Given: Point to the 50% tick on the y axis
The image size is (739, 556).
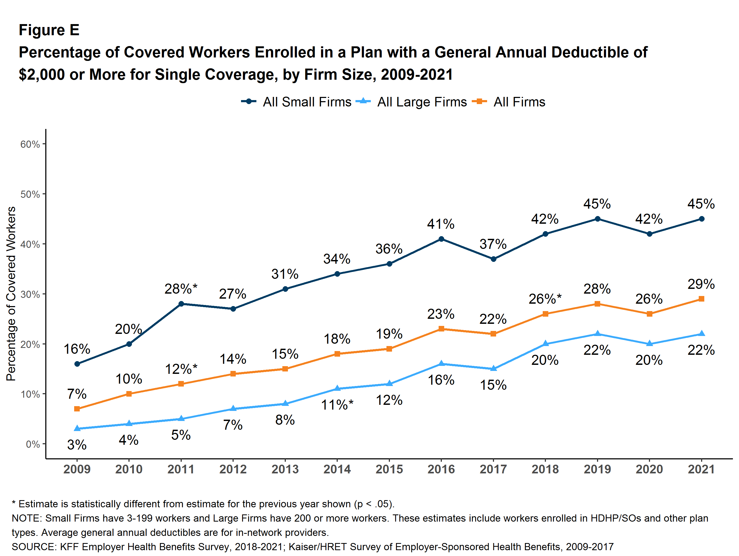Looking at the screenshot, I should pyautogui.click(x=30, y=194).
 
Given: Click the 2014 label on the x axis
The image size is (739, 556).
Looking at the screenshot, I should pyautogui.click(x=337, y=469).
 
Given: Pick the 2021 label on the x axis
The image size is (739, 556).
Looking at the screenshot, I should pyautogui.click(x=701, y=469).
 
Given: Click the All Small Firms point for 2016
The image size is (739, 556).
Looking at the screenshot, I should pyautogui.click(x=441, y=239).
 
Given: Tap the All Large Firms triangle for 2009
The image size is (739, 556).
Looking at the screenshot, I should pyautogui.click(x=77, y=428).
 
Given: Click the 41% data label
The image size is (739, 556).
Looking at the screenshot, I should pyautogui.click(x=441, y=224).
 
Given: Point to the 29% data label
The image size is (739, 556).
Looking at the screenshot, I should pyautogui.click(x=701, y=284).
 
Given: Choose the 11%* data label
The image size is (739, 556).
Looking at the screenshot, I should pyautogui.click(x=337, y=405).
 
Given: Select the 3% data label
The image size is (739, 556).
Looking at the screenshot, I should pyautogui.click(x=77, y=445).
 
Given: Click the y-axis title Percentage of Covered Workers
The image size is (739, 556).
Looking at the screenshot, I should pyautogui.click(x=11, y=294).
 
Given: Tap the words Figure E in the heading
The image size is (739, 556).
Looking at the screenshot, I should pyautogui.click(x=49, y=30).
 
